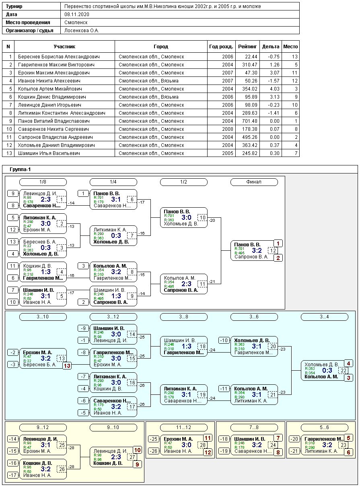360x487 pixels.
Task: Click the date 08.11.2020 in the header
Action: pos(77,14)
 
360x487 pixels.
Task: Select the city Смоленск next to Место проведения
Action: pos(76,23)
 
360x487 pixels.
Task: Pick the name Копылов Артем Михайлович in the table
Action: pos(50,89)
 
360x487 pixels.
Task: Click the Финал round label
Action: pos(254,182)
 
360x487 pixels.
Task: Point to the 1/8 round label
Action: pos(43,182)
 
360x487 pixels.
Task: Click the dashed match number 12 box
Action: pos(273,250)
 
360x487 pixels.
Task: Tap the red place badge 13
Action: pos(67,366)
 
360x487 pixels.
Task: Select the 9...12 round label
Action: pos(43,427)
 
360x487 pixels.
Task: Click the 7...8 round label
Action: pos(254,427)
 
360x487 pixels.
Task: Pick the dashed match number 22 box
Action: pos(344,371)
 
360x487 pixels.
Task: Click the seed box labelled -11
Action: pos(224,389)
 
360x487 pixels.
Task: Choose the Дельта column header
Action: pos(270,47)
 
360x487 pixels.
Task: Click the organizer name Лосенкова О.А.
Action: pos(82,31)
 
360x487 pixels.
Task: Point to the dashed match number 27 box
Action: pos(132,457)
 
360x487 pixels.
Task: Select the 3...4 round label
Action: pos(324,317)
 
